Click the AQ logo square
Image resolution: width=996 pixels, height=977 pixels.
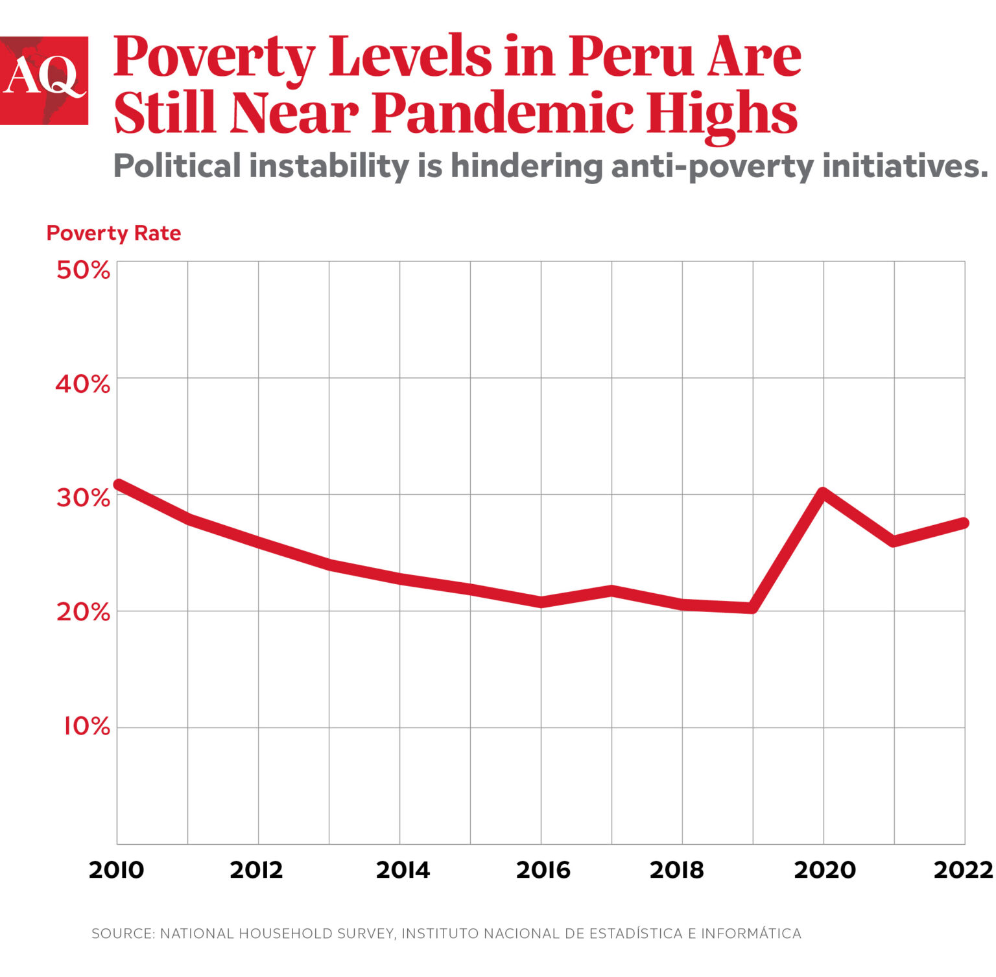[x=43, y=80]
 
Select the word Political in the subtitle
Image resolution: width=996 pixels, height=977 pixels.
[x=177, y=166]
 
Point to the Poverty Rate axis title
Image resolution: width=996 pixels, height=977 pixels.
[x=113, y=233]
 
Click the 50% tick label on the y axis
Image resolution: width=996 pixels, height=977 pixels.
[x=83, y=270]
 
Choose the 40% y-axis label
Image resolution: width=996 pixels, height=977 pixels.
[x=83, y=384]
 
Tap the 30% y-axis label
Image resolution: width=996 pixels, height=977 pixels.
[x=83, y=498]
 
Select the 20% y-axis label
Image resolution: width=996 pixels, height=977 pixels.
[x=83, y=612]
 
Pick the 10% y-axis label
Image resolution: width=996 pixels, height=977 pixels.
[x=86, y=727]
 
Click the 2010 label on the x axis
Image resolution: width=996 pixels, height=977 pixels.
[x=117, y=870]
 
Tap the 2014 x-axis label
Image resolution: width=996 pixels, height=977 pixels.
[x=403, y=870]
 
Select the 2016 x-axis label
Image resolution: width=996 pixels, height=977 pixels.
[x=543, y=870]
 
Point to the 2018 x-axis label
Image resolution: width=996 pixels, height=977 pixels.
[x=676, y=870]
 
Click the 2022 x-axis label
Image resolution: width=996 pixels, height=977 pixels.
[x=963, y=870]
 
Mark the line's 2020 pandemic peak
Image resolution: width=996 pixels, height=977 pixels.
[x=823, y=493]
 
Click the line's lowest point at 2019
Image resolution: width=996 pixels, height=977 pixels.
[x=752, y=607]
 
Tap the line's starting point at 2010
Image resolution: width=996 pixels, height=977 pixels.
[x=119, y=484]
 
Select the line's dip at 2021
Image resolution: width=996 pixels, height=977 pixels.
[x=894, y=541]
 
